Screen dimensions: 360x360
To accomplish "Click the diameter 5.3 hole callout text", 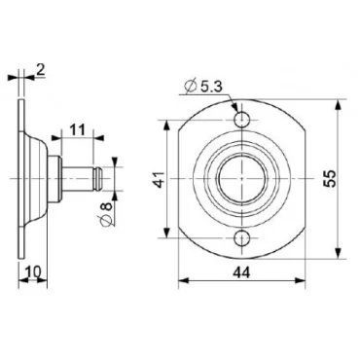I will [207, 87].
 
